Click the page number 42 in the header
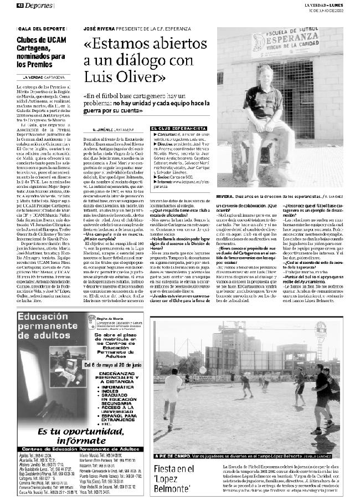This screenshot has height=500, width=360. (20, 5)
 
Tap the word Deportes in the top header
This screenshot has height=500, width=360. (38, 5)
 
